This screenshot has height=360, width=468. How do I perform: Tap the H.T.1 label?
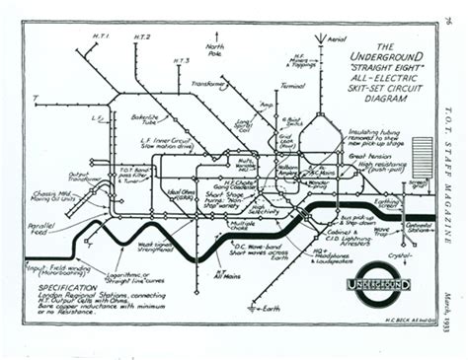(x=101, y=36)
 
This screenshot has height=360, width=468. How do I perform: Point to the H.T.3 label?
(x=181, y=61)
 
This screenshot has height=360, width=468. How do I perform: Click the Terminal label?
(x=291, y=86)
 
